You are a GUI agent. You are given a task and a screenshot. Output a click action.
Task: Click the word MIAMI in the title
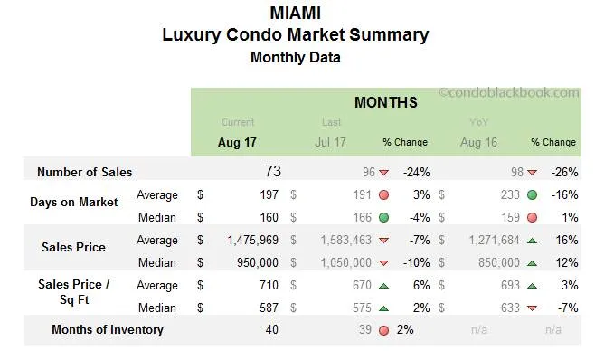[x=295, y=13]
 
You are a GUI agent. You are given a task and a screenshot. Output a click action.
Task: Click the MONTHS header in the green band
[x=385, y=102]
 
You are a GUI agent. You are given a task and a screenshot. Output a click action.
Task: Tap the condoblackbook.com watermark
[x=509, y=92]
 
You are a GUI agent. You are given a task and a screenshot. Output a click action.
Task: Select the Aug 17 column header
[x=237, y=142]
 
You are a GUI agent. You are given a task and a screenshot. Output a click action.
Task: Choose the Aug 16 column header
[x=477, y=142]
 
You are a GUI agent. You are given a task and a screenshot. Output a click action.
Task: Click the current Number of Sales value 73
[x=272, y=172]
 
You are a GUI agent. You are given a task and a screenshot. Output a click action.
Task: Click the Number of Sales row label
[x=84, y=172]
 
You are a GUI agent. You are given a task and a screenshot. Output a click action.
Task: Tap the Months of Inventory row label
[x=108, y=330]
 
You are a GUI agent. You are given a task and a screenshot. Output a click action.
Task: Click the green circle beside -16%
[x=531, y=194]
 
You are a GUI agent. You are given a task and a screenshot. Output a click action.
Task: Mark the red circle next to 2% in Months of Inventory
[x=383, y=330]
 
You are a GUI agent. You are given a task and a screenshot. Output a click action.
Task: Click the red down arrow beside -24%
[x=383, y=173]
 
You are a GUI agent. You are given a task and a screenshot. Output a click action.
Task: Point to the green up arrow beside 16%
[x=531, y=241]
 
